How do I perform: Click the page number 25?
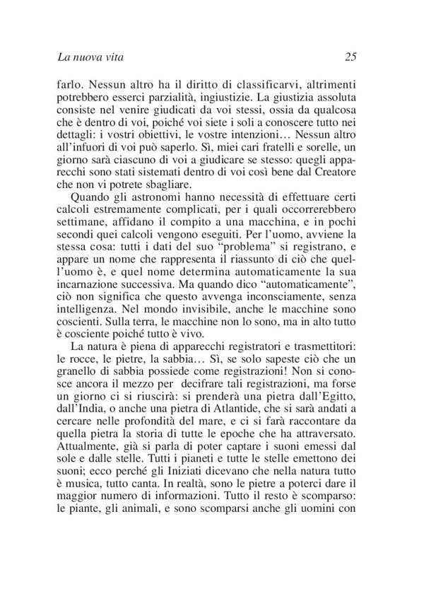(354, 55)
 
